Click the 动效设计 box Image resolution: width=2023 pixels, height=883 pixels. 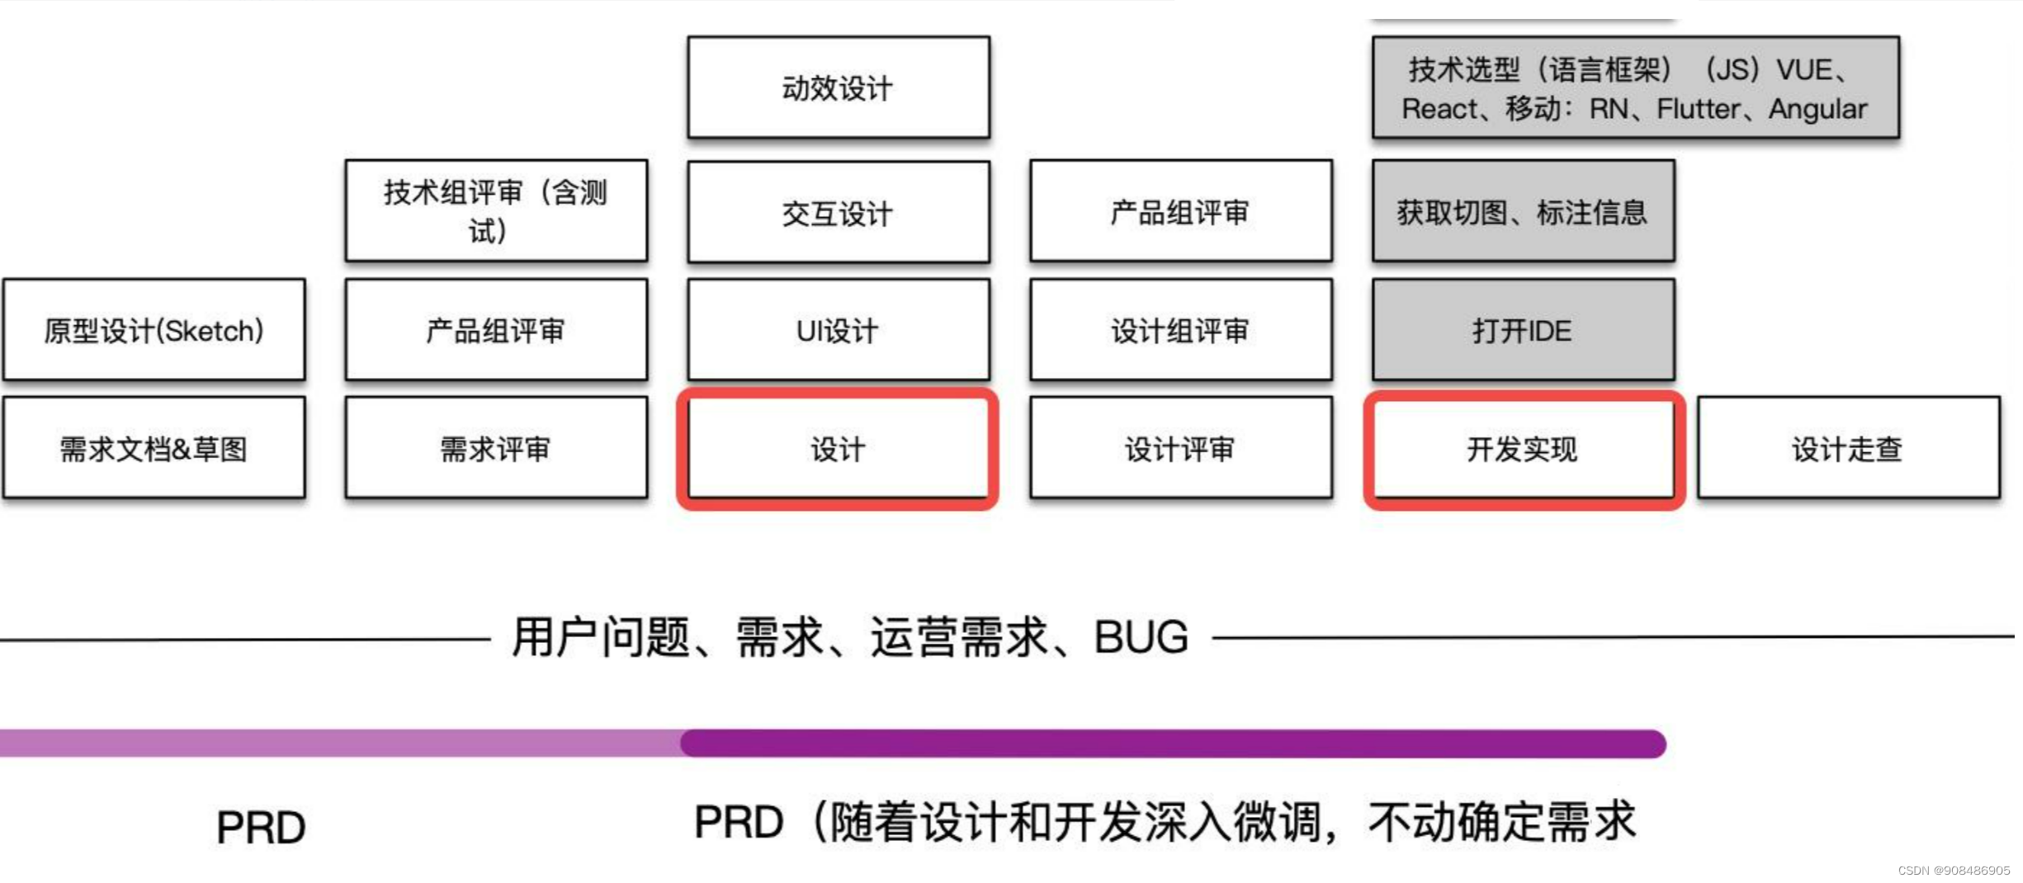pyautogui.click(x=839, y=87)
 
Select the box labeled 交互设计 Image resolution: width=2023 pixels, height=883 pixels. pyautogui.click(x=839, y=212)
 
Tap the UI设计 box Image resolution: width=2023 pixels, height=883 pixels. pyautogui.click(x=839, y=330)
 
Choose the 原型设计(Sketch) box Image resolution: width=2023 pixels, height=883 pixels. pyautogui.click(x=154, y=330)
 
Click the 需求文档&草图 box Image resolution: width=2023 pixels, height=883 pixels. pyautogui.click(x=154, y=448)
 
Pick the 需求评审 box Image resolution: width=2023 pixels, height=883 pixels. pyautogui.click(x=496, y=448)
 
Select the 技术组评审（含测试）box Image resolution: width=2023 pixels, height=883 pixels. pyautogui.click(x=496, y=210)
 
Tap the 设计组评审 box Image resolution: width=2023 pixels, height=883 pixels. pyautogui.click(x=1181, y=330)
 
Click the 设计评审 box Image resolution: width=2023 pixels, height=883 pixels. pyautogui.click(x=1181, y=448)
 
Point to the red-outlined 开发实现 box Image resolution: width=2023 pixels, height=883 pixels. pyautogui.click(x=1524, y=448)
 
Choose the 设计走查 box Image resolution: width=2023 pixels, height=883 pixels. pyautogui.click(x=1849, y=448)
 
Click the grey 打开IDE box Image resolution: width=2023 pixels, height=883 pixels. pyautogui.click(x=1524, y=330)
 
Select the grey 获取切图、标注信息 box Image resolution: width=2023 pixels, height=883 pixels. pyautogui.click(x=1524, y=212)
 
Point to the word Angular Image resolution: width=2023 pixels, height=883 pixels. pyautogui.click(x=1817, y=109)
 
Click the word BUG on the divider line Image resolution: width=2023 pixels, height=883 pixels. pyautogui.click(x=1141, y=637)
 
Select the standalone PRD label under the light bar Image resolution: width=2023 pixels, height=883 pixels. pyautogui.click(x=261, y=827)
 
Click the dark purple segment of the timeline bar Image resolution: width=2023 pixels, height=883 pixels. pyautogui.click(x=1172, y=744)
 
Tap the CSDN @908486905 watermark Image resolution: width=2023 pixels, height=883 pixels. pyautogui.click(x=1954, y=871)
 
